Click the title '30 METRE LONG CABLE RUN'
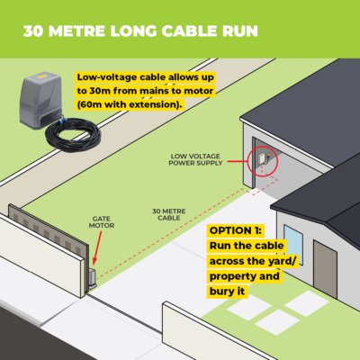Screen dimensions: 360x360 point(140,31)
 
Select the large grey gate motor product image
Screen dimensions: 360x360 point(41,101)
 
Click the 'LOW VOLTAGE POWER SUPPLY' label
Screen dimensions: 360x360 point(195,159)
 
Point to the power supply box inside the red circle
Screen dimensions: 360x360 point(261,157)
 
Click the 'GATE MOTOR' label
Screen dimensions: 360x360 point(102,222)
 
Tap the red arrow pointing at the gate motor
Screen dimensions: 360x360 point(96,248)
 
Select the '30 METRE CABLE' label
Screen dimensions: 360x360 point(169,214)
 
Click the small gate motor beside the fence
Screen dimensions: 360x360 point(92,277)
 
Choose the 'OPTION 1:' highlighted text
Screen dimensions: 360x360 point(236,230)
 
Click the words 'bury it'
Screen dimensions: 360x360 point(227,292)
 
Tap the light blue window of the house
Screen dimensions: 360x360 point(293,244)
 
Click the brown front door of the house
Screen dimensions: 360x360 point(325,269)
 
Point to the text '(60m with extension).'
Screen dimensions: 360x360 point(130,104)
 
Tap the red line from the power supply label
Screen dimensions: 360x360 point(238,162)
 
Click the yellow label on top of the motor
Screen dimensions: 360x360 point(40,76)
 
